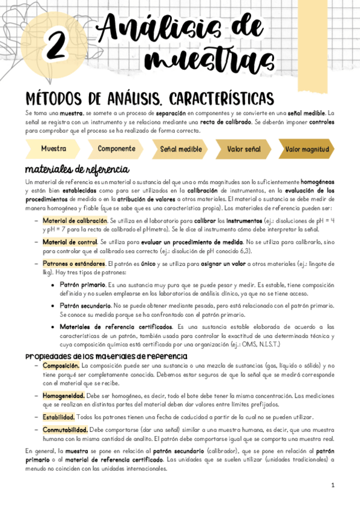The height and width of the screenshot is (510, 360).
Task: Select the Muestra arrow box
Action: click(53, 148)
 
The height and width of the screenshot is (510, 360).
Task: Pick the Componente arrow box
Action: click(116, 148)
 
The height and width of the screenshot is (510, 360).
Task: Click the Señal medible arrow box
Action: click(180, 149)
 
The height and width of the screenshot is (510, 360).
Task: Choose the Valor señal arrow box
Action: click(243, 149)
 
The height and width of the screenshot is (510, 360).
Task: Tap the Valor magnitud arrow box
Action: click(307, 149)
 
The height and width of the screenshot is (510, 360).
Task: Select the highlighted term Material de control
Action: click(69, 242)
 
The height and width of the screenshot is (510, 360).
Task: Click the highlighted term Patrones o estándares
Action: click(73, 263)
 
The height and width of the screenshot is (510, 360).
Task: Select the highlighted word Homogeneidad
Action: click(64, 396)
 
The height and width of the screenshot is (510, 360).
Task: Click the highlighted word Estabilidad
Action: click(58, 417)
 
